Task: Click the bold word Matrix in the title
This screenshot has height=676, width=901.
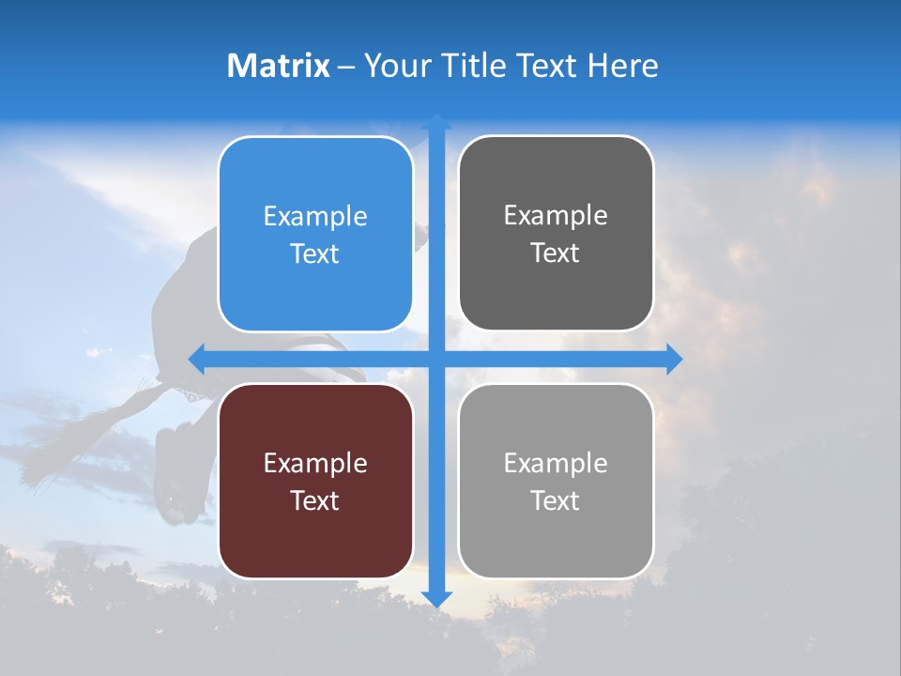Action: [x=278, y=66]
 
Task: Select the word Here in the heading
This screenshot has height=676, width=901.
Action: [x=622, y=66]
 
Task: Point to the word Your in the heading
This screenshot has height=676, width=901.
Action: [x=397, y=66]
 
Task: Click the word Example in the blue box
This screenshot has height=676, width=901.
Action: [x=315, y=216]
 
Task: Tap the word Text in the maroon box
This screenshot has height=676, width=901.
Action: [x=315, y=500]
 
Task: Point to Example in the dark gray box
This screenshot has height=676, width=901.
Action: [x=556, y=215]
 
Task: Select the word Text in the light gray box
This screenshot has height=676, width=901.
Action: [x=556, y=500]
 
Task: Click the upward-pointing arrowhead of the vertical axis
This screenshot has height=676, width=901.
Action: [x=436, y=122]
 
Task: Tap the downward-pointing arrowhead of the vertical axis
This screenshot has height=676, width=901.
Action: [x=436, y=598]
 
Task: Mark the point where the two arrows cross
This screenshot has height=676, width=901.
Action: [x=436, y=359]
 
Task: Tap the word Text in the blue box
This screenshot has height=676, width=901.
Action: [x=315, y=253]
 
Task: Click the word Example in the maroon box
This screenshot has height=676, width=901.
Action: [x=315, y=463]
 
